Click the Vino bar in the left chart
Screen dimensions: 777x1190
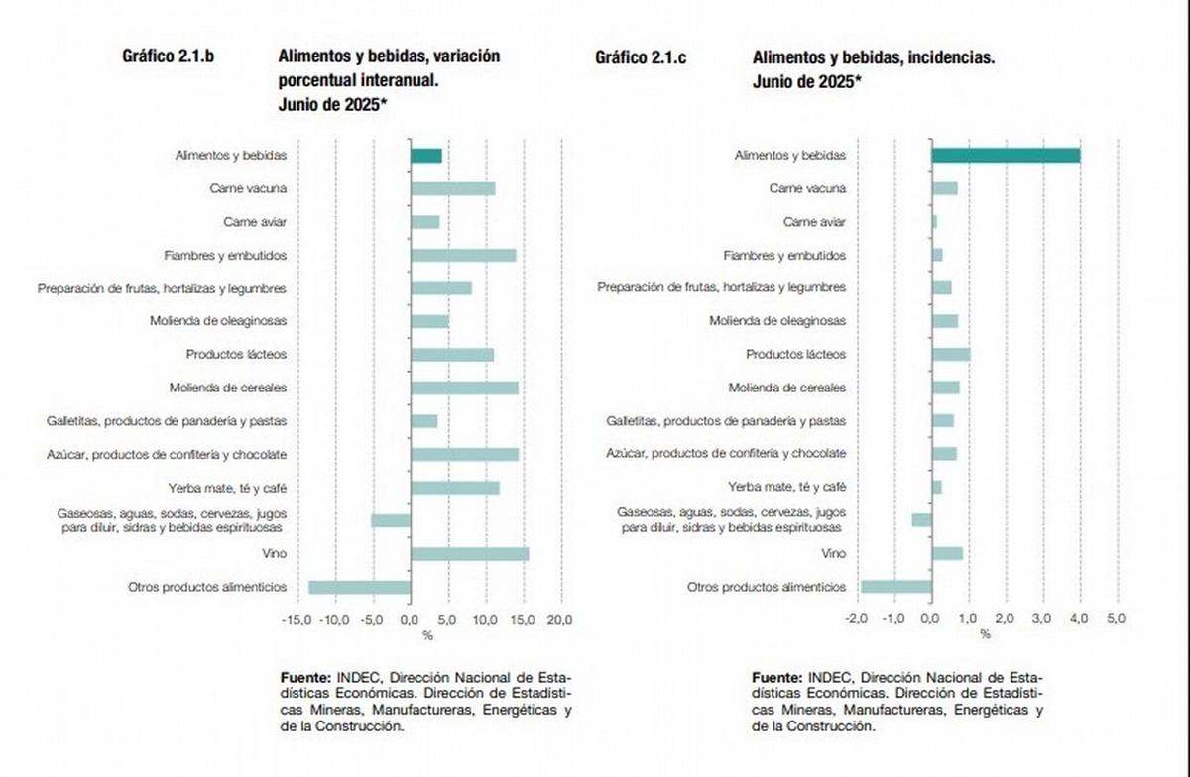click(469, 554)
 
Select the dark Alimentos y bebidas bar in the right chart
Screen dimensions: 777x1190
click(1005, 156)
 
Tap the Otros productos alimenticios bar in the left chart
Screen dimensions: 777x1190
click(359, 587)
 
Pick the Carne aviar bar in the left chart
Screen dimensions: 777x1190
click(424, 222)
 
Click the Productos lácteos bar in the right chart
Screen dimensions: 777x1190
click(950, 354)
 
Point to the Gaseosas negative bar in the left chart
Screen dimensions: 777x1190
click(391, 520)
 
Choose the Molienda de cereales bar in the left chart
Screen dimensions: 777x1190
click(464, 388)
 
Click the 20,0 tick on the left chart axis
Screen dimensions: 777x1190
click(560, 619)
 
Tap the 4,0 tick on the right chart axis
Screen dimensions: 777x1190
click(1079, 619)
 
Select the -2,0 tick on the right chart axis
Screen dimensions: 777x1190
click(856, 619)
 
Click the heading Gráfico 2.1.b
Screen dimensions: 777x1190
click(168, 57)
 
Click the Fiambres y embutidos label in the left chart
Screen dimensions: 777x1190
click(225, 256)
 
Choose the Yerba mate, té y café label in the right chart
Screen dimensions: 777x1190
click(786, 487)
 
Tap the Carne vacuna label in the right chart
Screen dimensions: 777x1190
click(807, 188)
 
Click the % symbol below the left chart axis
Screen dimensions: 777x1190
click(428, 635)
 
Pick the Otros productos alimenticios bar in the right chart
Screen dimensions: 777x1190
click(895, 587)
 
